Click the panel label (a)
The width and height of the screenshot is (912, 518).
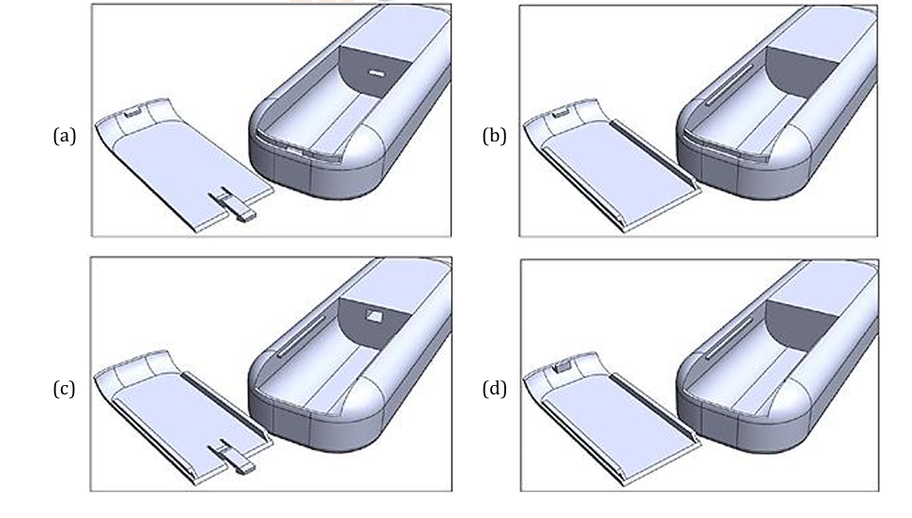pos(65,136)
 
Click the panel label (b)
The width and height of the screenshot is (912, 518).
pos(494,136)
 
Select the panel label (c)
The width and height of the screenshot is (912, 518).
pos(64,389)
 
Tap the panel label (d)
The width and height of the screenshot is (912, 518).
pos(494,389)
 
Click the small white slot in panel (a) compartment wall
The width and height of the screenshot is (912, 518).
pos(377,74)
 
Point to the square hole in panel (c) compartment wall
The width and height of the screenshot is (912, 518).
pos(373,316)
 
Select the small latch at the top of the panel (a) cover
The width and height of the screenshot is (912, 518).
pos(133,111)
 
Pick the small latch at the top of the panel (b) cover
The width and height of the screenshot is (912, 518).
pos(561,111)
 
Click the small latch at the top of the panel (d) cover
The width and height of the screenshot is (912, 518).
pos(561,365)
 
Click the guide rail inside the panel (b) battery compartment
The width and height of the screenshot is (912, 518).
pos(730,84)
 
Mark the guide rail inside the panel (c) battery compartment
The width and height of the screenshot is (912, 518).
pos(301,336)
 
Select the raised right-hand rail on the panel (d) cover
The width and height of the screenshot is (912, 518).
pos(653,410)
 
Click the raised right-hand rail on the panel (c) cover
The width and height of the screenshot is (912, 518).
pos(226,407)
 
